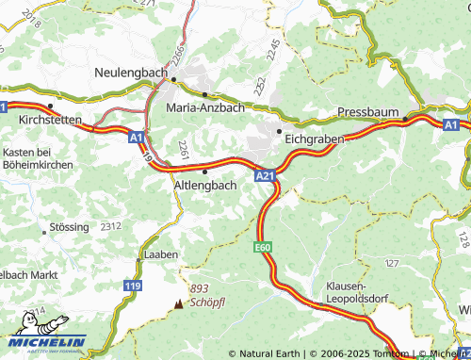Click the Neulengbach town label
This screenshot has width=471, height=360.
[x=131, y=72]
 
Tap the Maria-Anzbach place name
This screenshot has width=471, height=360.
[x=205, y=107]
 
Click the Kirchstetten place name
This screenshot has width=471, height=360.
[x=50, y=121]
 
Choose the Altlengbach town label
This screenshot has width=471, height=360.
[x=205, y=185]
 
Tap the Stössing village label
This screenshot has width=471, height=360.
[x=70, y=227]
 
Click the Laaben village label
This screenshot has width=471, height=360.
[x=158, y=255]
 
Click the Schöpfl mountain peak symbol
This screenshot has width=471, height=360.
[x=179, y=303]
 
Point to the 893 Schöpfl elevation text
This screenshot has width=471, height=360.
[x=207, y=296]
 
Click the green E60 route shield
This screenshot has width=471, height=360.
[x=263, y=247]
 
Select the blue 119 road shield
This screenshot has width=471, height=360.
[x=132, y=283]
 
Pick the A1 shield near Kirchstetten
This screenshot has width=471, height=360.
[x=137, y=138]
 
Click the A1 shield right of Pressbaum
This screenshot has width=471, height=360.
[x=451, y=124]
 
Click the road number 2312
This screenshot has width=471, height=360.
[x=111, y=226]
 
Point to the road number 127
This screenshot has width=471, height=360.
[x=392, y=264]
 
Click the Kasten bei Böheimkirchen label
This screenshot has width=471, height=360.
[x=39, y=159]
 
